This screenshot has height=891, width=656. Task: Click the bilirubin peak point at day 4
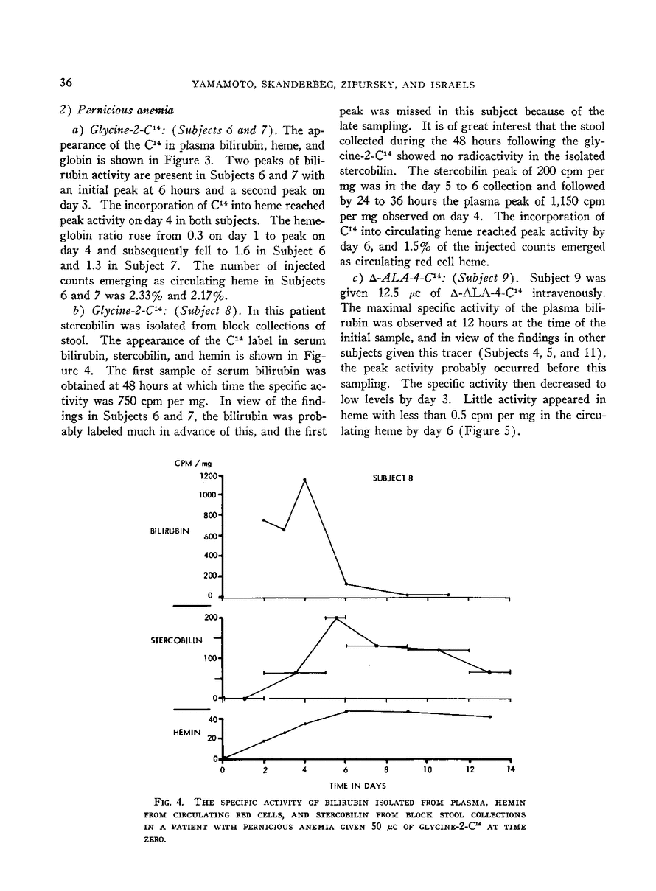304,480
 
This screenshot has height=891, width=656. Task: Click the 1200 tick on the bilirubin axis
204,477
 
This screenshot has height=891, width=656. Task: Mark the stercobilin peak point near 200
336,618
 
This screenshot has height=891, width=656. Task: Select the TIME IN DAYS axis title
366,786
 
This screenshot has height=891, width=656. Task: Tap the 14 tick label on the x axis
511,770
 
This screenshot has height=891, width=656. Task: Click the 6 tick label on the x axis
346,770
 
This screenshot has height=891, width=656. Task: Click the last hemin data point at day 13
490,716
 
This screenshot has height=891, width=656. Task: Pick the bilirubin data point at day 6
346,584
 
